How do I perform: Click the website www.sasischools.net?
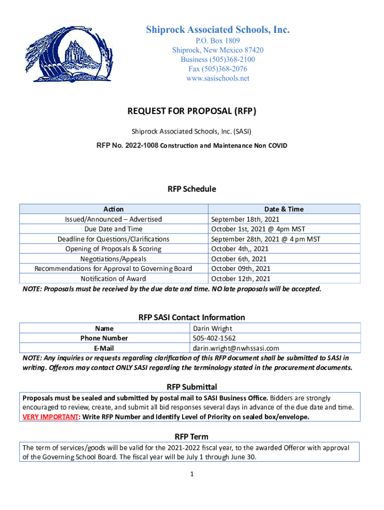point(217,78)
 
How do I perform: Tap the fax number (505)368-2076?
point(217,69)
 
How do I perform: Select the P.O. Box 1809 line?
point(217,41)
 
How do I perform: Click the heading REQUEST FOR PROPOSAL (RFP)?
point(192,111)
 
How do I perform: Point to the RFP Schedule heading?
point(192,189)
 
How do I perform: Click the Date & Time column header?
point(284,209)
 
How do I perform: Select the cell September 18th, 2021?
point(245,219)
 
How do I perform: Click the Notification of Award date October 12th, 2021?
point(241,279)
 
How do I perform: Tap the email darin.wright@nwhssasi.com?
point(236,348)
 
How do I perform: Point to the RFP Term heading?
point(192,437)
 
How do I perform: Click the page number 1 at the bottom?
point(192,474)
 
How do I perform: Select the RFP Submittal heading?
point(192,387)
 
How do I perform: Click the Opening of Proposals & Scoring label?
point(113,249)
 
